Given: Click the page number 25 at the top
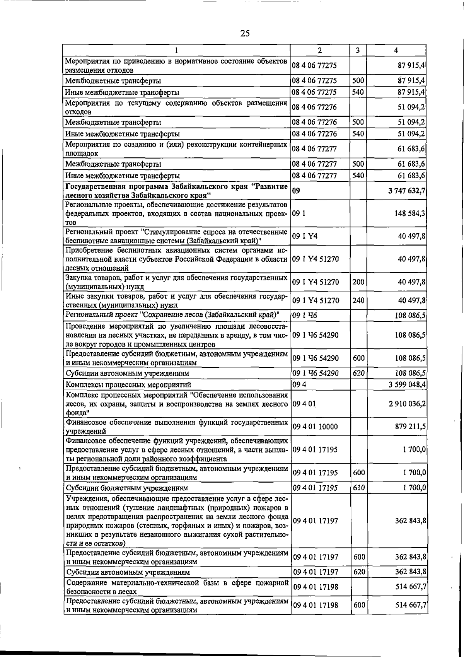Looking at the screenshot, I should click(245, 33).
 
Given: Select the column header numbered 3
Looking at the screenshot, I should click(358, 50).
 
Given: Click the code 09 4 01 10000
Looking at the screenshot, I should click(315, 427).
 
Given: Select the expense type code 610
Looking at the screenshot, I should click(359, 488).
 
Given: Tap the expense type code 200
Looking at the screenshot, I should click(358, 282).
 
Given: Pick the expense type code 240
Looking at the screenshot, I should click(358, 300).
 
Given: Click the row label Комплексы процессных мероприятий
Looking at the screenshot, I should click(128, 384).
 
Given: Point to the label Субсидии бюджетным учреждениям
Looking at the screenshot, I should click(127, 488).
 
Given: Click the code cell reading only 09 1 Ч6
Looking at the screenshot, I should click(305, 316).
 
